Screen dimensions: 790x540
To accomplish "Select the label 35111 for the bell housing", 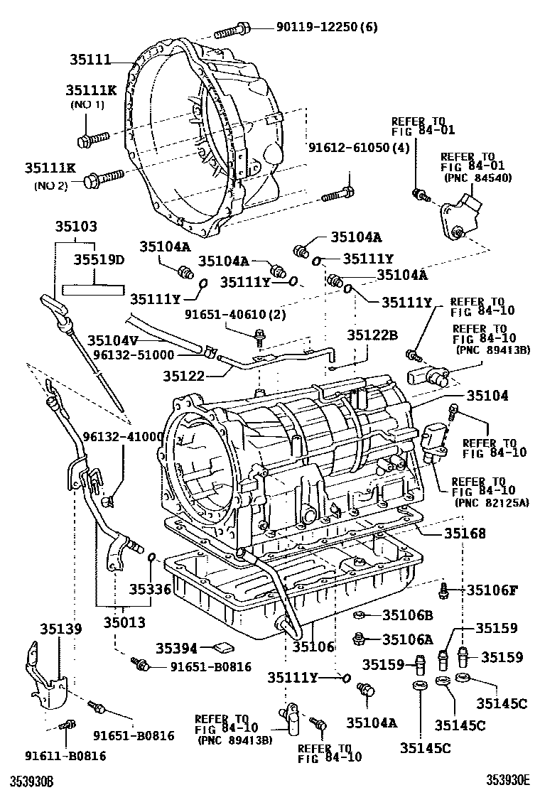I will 90,60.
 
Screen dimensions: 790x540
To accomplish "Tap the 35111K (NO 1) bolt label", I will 90,91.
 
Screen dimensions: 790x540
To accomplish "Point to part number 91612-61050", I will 349,148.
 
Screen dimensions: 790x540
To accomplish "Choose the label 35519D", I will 99,259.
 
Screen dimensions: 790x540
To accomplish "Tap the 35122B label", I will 372,334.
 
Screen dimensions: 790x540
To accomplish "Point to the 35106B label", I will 407,615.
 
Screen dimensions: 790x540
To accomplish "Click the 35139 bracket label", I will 60,628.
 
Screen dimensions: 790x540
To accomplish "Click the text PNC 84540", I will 476,178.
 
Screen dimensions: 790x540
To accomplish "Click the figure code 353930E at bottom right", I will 508,780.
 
